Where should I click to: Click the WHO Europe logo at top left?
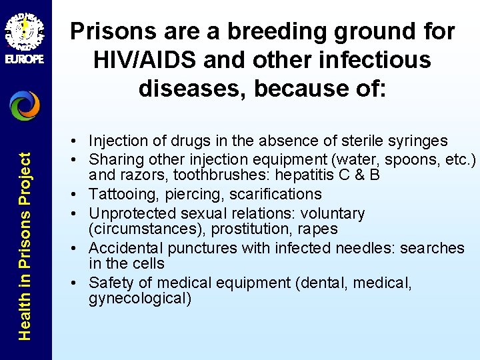(x=25, y=33)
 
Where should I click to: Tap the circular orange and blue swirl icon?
(x=25, y=105)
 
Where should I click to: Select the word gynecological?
(x=140, y=299)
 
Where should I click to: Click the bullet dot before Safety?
(x=79, y=283)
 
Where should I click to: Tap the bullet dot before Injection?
(x=79, y=141)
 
